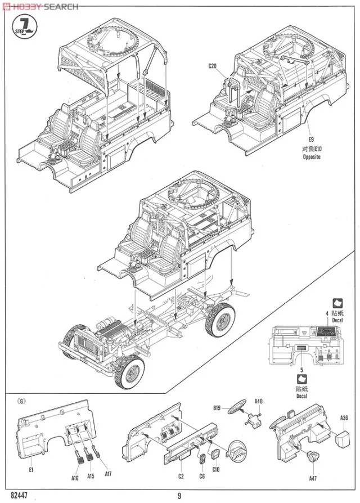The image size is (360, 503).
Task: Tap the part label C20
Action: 212,66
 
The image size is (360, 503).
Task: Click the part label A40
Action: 259,402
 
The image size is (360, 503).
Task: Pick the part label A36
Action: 344,417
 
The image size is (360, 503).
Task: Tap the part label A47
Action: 313,478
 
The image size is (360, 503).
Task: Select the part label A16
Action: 75,478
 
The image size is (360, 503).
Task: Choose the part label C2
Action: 181,476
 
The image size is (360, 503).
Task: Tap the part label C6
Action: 201,476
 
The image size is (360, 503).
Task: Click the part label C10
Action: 216,469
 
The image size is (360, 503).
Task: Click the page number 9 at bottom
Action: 179,495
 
